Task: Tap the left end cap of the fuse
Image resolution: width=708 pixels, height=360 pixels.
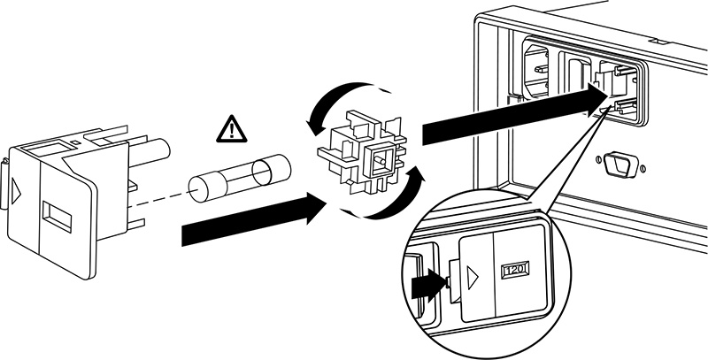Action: coord(202,185)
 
